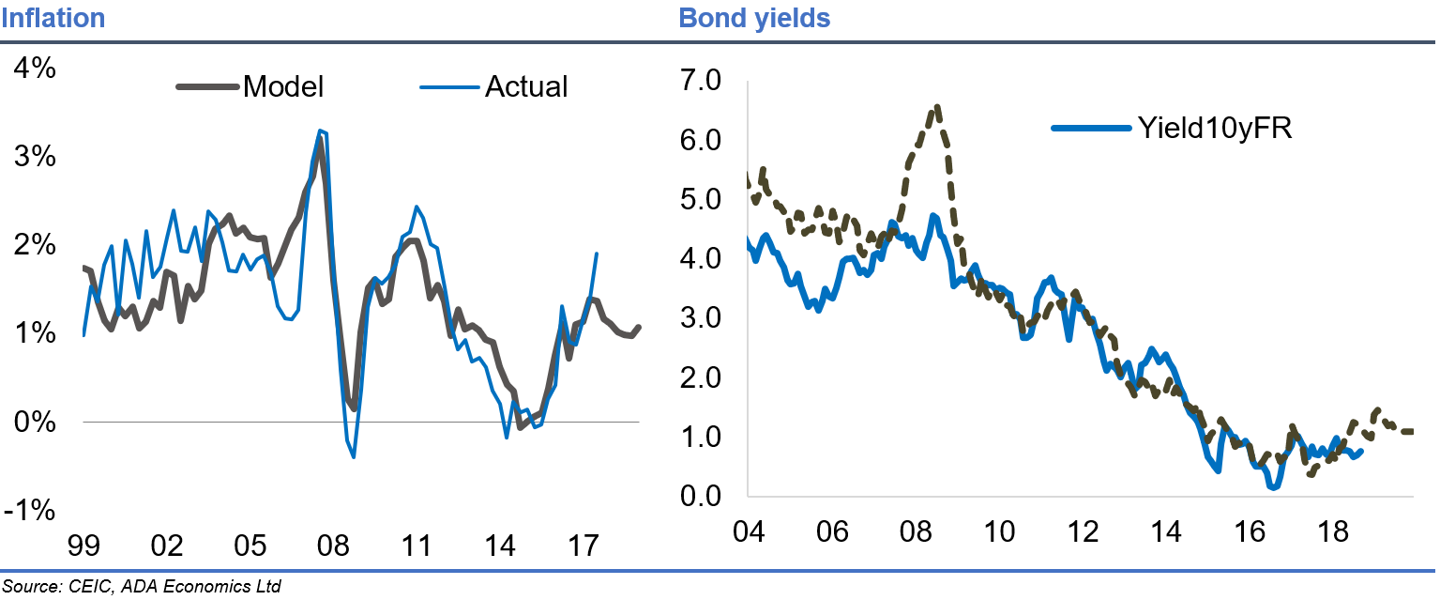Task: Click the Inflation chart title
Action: tap(53, 18)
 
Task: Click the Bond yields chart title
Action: tap(754, 18)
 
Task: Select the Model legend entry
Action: tap(282, 86)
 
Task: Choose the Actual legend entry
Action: tap(525, 86)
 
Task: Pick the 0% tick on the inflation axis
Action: tap(35, 423)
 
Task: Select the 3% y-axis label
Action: tap(35, 157)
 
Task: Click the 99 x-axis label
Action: tap(83, 545)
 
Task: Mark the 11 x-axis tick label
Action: tap(417, 545)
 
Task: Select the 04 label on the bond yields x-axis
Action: tap(748, 531)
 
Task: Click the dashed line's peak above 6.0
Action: tap(936, 107)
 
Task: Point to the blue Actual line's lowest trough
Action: tap(354, 456)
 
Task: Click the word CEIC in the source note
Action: tap(89, 588)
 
